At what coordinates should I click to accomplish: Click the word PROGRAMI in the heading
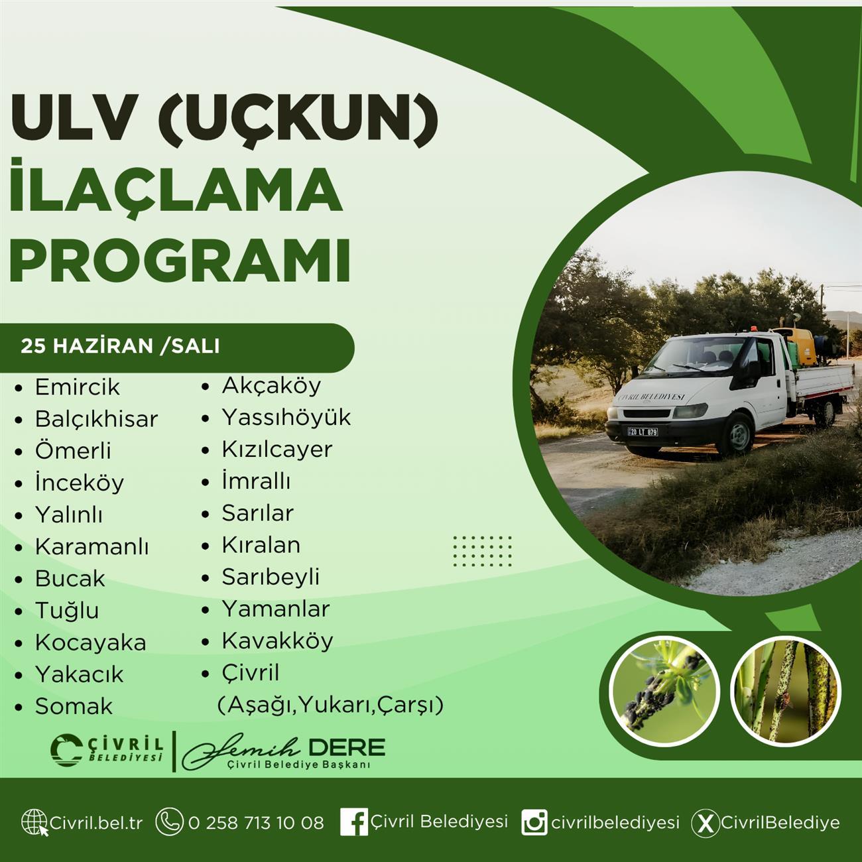pos(180,261)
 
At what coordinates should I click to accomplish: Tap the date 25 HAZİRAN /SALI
pos(120,347)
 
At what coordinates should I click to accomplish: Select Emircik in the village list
pos(78,387)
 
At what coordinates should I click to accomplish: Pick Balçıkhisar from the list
pos(97,419)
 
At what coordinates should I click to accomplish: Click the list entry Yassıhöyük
pos(286,418)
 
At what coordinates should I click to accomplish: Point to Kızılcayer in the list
pos(277,450)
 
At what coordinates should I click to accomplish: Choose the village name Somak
pos(74,707)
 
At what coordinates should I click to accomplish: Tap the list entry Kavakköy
pos(278,641)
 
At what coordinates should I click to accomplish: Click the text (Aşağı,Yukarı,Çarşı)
pos(331,705)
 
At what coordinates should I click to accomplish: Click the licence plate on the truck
pos(643,432)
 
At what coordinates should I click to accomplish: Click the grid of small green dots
pos(482,551)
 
